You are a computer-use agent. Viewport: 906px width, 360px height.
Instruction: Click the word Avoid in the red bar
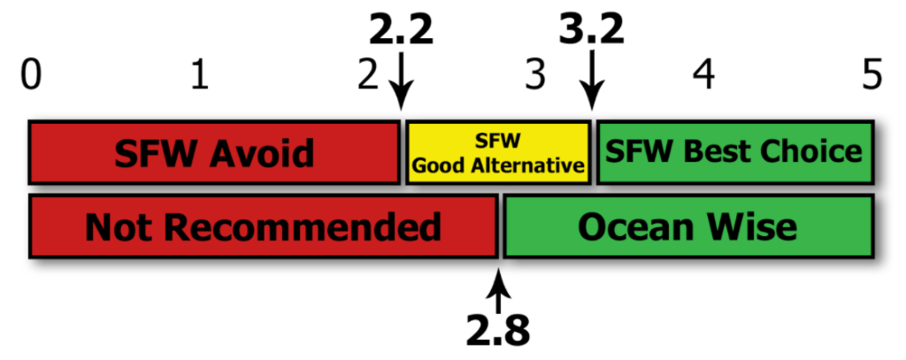(x=263, y=153)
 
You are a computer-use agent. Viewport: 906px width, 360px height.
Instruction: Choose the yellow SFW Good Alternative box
(x=498, y=152)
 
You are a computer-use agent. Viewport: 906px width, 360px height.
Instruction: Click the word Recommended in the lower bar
(x=303, y=227)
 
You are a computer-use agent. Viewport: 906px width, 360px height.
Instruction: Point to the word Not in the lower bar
(x=120, y=227)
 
